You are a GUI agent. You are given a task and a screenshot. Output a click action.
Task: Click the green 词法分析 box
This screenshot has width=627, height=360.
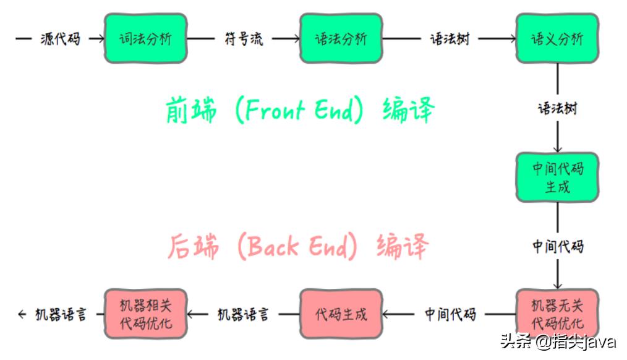[145, 38]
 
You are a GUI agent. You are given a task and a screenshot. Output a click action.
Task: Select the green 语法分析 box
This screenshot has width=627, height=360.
[341, 38]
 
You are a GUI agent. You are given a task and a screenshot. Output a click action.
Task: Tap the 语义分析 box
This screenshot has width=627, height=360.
[557, 38]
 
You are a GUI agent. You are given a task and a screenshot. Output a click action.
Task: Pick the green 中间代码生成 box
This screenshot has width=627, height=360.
[558, 177]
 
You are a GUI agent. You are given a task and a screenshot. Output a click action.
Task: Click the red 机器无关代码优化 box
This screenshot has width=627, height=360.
[558, 314]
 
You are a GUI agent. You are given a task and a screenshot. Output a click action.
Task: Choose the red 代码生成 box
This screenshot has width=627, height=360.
[341, 314]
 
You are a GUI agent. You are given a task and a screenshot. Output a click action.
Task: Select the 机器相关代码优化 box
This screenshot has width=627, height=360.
[145, 314]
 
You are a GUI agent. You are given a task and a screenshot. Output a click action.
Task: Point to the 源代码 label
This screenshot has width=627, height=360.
[60, 39]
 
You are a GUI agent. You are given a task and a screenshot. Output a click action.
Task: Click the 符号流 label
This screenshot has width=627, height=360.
[243, 39]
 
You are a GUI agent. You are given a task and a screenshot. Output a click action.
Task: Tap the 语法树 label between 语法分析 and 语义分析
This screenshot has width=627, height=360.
[450, 39]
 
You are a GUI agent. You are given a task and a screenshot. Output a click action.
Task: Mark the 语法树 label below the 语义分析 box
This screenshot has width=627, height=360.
[558, 108]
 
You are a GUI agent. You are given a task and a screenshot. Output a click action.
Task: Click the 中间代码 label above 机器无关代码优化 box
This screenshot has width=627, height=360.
[558, 246]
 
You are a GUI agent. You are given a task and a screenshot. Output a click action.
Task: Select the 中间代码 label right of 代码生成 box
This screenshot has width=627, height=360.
[450, 314]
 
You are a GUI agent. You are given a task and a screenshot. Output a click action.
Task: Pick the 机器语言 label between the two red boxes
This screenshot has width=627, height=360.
[243, 314]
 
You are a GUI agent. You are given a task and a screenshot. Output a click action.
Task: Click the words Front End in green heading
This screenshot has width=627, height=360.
[300, 110]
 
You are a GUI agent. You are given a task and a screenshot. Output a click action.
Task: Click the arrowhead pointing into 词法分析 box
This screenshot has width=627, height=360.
[100, 39]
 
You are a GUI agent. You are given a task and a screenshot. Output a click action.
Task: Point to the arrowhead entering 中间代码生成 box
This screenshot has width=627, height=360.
[558, 148]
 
